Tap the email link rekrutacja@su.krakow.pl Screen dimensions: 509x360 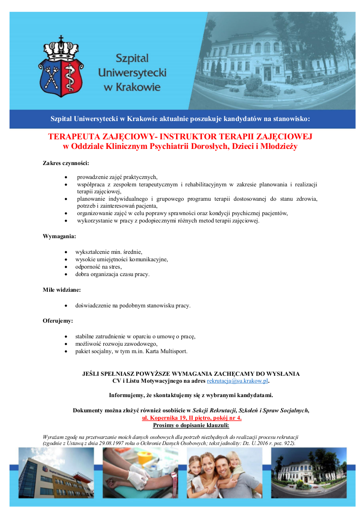click(x=237, y=381)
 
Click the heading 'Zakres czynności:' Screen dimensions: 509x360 click(x=66, y=163)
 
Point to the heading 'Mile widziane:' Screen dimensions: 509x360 click(x=61, y=290)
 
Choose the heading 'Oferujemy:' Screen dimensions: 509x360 click(x=58, y=321)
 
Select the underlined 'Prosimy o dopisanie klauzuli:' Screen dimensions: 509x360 click(x=191, y=425)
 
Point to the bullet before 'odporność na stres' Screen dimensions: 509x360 click(x=65, y=266)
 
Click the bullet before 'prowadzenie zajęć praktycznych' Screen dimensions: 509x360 click(x=65, y=177)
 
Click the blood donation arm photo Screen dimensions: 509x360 click(x=140, y=472)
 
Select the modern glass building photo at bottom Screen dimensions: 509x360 click(x=56, y=472)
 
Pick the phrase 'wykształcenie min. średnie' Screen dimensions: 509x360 click(x=109, y=252)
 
